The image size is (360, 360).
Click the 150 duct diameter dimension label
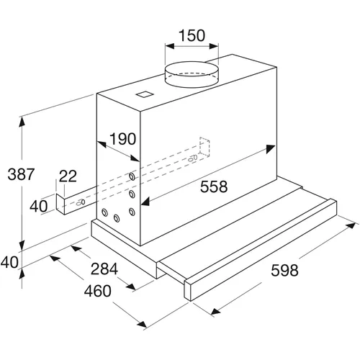click(192, 35)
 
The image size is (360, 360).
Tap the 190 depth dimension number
click(122, 139)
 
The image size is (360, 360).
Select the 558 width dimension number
click(214, 186)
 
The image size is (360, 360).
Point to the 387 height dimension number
click(21, 174)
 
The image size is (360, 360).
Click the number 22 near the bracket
click(68, 176)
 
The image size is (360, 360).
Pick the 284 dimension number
click(104, 269)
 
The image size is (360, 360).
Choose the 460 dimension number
click(98, 291)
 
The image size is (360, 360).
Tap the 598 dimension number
click(284, 270)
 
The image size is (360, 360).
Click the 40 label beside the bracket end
click(39, 206)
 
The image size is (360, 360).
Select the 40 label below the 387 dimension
click(9, 262)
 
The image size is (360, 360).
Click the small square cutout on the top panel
click(145, 94)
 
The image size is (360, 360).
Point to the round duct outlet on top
click(192, 74)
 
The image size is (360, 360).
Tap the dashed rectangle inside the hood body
click(204, 147)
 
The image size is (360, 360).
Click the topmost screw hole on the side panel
click(132, 176)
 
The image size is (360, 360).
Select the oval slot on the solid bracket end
click(81, 202)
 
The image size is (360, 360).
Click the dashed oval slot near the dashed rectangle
click(193, 158)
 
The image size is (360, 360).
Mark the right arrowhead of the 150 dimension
click(214, 46)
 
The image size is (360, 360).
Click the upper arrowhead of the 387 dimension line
click(22, 122)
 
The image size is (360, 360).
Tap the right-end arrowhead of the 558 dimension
click(271, 149)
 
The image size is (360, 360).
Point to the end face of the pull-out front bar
click(188, 289)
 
